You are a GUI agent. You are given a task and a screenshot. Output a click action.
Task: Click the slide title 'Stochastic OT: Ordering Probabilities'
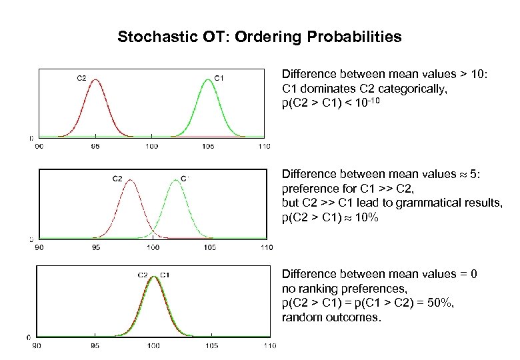(x=259, y=37)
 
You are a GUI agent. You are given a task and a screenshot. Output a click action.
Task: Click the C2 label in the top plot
(x=81, y=78)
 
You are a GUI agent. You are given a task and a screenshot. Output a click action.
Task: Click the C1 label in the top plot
(x=218, y=78)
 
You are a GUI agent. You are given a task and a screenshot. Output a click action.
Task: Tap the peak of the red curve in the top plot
(x=96, y=80)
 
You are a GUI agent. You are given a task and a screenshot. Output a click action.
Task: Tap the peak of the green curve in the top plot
(x=208, y=80)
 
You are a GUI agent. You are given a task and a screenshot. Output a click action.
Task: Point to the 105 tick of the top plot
(x=208, y=145)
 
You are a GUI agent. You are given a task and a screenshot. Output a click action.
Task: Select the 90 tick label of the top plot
(x=39, y=145)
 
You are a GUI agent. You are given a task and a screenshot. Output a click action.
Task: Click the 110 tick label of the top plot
(x=265, y=145)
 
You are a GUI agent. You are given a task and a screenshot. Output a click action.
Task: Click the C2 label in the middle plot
(x=116, y=178)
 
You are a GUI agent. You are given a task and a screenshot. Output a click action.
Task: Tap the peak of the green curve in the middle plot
(x=175, y=181)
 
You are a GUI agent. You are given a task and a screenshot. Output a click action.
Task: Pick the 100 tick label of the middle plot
(x=153, y=247)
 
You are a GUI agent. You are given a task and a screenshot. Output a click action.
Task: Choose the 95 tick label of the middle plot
(x=96, y=247)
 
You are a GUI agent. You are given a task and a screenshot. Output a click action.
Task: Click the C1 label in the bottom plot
(x=165, y=275)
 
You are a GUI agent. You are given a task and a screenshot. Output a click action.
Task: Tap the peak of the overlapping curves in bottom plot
(x=153, y=277)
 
